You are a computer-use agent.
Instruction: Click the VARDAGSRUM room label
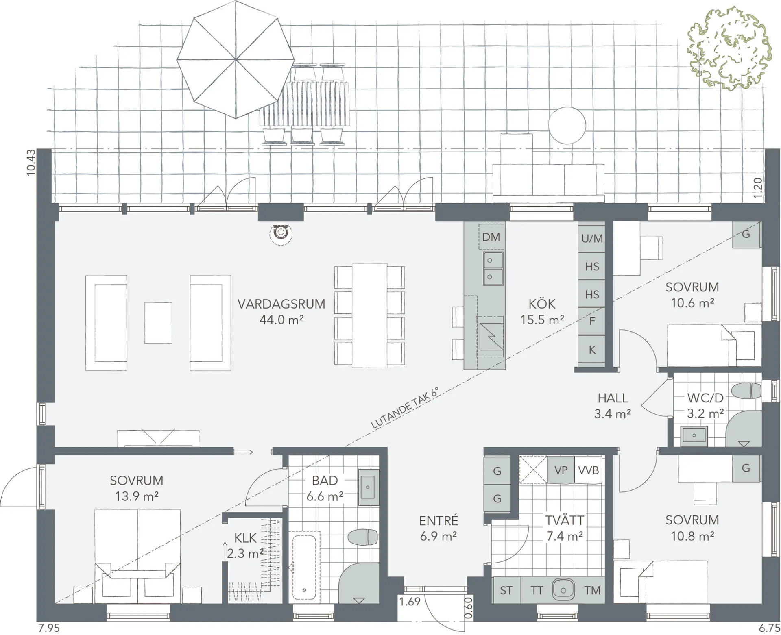coord(281,304)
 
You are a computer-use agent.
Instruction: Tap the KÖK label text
coord(542,304)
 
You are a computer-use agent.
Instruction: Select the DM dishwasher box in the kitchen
coord(491,237)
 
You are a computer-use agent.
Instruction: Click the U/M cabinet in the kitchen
coord(592,238)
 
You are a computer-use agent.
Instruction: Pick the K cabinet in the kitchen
coord(592,350)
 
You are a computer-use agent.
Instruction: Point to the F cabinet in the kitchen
coord(592,321)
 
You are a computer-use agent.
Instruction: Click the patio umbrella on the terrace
coord(236,59)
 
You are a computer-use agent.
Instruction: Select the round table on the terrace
coord(567,125)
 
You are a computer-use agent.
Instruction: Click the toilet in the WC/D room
coord(746,391)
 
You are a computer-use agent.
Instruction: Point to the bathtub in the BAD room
coord(304,567)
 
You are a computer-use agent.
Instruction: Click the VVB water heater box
coord(589,470)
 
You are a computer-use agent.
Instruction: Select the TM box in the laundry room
coord(592,590)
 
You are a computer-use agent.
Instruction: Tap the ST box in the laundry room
coord(506,590)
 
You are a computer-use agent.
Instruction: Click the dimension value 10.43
coord(31,163)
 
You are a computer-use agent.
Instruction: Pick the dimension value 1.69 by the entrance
coord(410,601)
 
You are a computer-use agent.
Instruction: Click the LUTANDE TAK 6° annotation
coord(405,408)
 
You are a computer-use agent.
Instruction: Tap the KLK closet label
coord(245,538)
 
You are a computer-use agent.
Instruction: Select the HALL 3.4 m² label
coord(613,406)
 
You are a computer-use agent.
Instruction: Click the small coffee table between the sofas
coord(158,323)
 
